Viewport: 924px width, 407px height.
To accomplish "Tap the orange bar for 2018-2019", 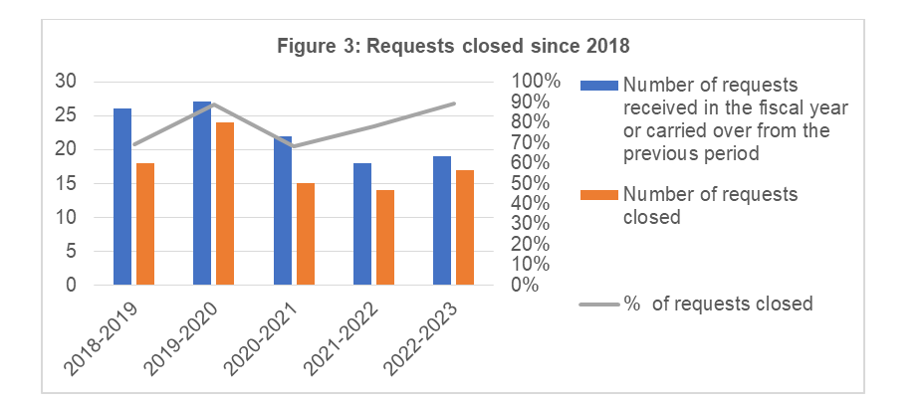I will click(145, 224).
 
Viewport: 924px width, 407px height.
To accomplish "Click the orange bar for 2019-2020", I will click(225, 204).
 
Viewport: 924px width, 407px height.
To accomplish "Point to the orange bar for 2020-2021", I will click(305, 234).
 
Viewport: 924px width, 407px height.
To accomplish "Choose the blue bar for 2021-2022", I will click(361, 224).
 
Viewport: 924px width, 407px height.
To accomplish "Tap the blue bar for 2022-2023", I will click(441, 221).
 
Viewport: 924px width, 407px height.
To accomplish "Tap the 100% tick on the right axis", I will click(536, 82).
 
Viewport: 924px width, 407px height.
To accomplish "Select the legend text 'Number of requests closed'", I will click(710, 206).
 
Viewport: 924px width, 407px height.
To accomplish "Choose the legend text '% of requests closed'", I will click(718, 304).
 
